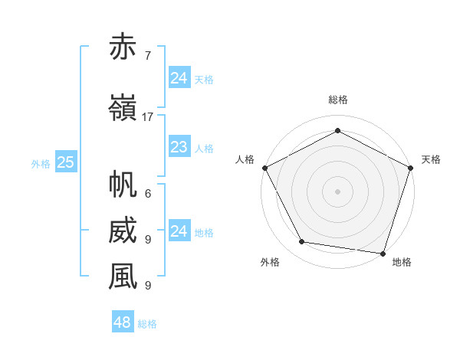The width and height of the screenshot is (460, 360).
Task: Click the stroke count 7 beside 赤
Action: pyautogui.click(x=147, y=56)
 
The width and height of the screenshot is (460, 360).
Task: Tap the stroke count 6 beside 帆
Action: pyautogui.click(x=147, y=194)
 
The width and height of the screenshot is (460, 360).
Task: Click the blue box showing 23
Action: pyautogui.click(x=179, y=147)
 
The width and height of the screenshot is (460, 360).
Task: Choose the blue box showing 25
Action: pyautogui.click(x=66, y=162)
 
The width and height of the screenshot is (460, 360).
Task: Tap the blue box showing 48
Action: pyautogui.click(x=123, y=322)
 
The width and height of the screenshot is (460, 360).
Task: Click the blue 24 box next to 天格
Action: pyautogui.click(x=179, y=77)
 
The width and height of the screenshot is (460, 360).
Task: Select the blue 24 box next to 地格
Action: pyautogui.click(x=179, y=231)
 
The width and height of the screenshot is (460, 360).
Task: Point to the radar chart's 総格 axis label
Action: pyautogui.click(x=338, y=100)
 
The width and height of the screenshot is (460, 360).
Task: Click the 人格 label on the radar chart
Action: pyautogui.click(x=245, y=159)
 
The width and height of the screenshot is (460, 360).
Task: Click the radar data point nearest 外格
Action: pyautogui.click(x=301, y=242)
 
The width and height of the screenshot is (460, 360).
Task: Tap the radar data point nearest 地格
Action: pyautogui.click(x=383, y=253)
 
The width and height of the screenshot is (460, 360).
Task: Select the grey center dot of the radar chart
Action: pyautogui.click(x=338, y=191)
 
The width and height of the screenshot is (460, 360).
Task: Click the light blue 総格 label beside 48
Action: pyautogui.click(x=147, y=324)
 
